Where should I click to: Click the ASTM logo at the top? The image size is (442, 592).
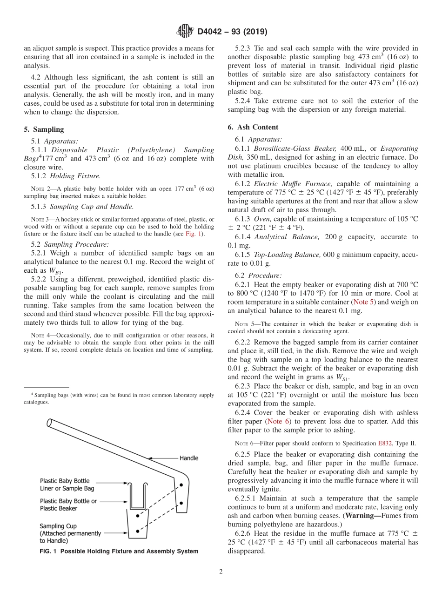click(x=185, y=32)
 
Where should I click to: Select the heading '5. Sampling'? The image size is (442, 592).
click(x=44, y=129)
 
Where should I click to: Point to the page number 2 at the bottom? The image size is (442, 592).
click(x=221, y=572)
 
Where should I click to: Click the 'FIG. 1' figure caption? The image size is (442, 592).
click(x=119, y=552)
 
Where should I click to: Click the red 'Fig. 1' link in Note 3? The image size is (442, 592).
click(x=192, y=234)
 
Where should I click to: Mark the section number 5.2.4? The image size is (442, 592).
click(x=244, y=101)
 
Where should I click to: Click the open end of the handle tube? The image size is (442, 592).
click(x=49, y=423)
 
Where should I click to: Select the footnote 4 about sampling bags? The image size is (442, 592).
click(x=119, y=398)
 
